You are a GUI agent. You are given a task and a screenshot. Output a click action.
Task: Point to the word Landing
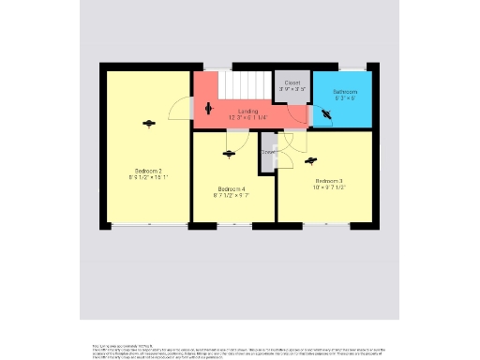[x=247, y=112]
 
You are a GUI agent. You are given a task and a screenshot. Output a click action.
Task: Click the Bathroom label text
[x=344, y=91]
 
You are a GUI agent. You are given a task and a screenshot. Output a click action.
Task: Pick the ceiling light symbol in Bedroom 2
[x=147, y=123]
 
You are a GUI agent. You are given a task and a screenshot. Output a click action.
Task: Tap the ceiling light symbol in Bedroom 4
[x=230, y=154]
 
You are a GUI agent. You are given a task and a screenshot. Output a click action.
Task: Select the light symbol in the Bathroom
[x=326, y=113]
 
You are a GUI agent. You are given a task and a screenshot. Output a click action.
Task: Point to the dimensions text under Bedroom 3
[x=328, y=187]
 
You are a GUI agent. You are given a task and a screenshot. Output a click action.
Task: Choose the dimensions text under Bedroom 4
[x=231, y=195]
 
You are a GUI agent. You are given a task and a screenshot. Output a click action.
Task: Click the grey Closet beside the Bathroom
[x=292, y=85]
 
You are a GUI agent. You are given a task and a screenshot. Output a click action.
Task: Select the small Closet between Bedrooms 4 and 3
[x=268, y=152]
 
